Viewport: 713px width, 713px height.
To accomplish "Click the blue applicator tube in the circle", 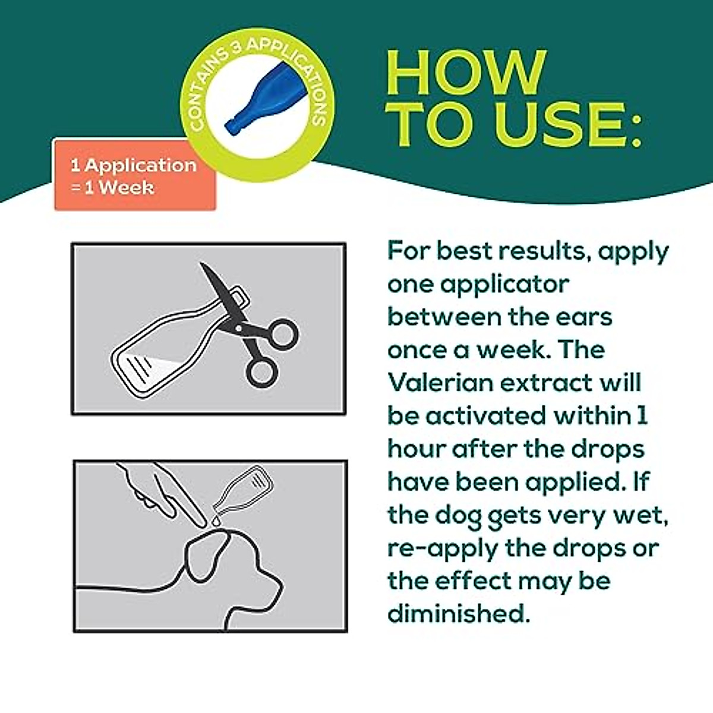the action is click(266, 99).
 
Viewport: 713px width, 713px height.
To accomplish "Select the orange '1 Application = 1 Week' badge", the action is click(135, 175).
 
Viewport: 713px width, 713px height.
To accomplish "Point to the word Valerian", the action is click(440, 383).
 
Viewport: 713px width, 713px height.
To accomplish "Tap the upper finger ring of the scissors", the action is click(283, 334).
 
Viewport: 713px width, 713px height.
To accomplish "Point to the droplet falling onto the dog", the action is click(216, 520).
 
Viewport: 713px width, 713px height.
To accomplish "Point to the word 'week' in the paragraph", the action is click(511, 349).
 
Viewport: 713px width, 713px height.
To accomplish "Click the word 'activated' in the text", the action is click(485, 415).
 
